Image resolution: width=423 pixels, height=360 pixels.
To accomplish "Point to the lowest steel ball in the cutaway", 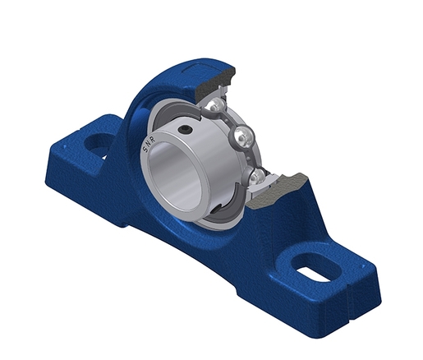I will point(257,175).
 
